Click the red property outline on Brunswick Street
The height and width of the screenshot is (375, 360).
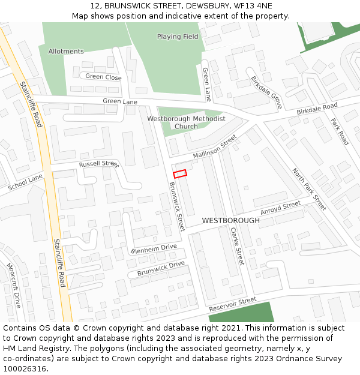click(x=180, y=173)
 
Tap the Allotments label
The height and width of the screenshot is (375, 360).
click(x=66, y=52)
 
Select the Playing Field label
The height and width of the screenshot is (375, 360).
click(x=178, y=37)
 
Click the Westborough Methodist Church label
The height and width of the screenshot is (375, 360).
click(x=186, y=122)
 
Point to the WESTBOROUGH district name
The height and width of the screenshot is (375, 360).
click(x=231, y=221)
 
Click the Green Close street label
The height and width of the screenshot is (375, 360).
click(x=103, y=77)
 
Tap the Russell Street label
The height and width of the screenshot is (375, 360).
click(x=99, y=164)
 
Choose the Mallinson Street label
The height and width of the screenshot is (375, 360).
click(x=215, y=148)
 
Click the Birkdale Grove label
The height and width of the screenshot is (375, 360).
click(x=266, y=92)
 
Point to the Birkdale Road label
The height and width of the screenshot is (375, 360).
click(x=317, y=110)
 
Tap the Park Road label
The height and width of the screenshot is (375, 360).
click(x=340, y=131)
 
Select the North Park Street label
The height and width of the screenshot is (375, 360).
click(x=309, y=189)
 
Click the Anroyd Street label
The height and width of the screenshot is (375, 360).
click(x=280, y=208)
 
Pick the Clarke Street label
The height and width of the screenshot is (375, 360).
click(x=237, y=245)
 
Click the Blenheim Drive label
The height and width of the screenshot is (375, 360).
click(x=154, y=248)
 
